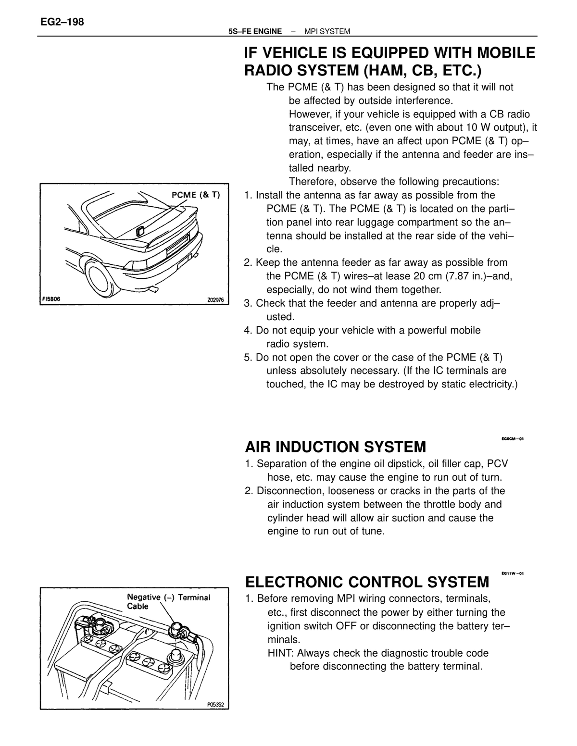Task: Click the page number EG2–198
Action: click(62, 22)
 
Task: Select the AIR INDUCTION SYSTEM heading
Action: click(335, 447)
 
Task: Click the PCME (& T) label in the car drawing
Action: click(196, 195)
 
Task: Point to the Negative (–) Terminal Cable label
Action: click(168, 602)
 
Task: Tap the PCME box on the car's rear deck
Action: click(140, 231)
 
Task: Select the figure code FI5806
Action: click(51, 299)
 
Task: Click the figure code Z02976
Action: click(215, 300)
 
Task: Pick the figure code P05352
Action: click(215, 705)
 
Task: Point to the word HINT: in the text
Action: click(281, 653)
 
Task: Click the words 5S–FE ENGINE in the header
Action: click(255, 32)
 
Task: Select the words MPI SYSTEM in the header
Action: click(327, 32)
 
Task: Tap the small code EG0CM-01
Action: click(513, 439)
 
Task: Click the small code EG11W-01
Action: click(513, 573)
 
